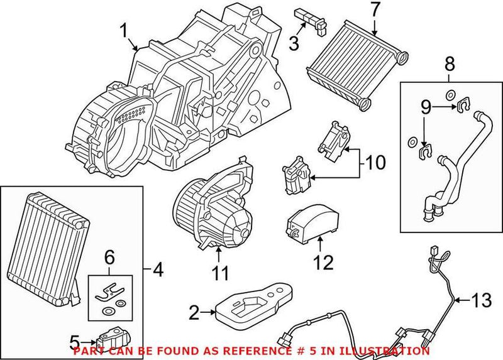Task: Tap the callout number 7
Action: coord(375,10)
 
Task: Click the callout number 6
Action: coord(109,256)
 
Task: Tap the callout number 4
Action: coord(157,270)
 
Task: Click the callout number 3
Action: coord(292,43)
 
